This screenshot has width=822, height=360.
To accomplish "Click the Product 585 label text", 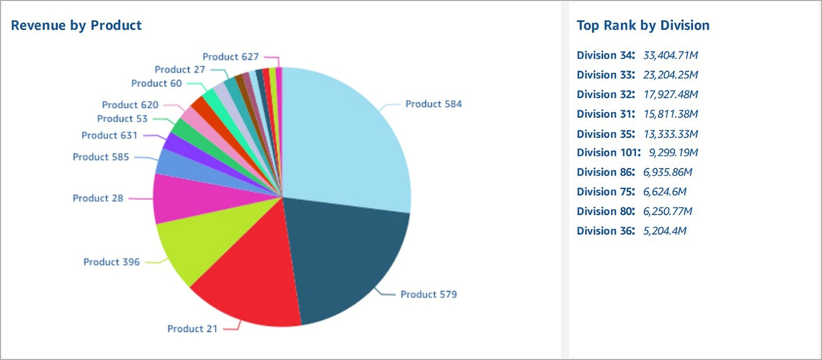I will (101, 157).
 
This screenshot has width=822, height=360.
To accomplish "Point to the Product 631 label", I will (110, 136).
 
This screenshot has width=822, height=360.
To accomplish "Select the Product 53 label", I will (122, 119).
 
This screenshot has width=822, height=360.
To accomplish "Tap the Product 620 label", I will (130, 105).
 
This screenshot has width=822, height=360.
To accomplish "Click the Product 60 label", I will (156, 84).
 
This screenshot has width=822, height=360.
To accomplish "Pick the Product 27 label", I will (180, 70).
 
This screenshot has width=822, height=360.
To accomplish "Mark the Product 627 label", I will (230, 56).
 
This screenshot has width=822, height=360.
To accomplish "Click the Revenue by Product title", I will (76, 25).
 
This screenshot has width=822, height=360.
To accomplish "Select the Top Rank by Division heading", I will (643, 25).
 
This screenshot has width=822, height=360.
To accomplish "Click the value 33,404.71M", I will (672, 55).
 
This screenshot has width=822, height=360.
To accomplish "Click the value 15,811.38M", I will (672, 113).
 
